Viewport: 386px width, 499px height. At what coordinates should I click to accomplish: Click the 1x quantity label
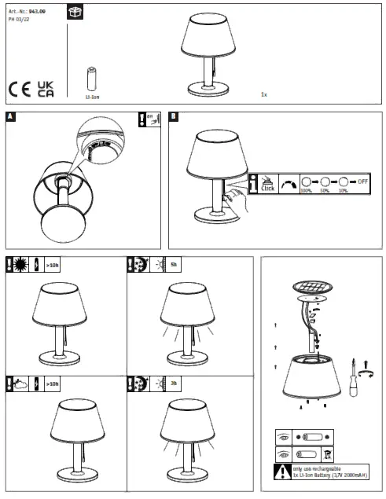(x=264, y=94)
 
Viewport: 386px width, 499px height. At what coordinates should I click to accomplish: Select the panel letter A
(x=10, y=117)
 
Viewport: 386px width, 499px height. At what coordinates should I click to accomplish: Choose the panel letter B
(x=174, y=117)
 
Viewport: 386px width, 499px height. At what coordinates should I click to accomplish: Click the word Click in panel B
(x=267, y=189)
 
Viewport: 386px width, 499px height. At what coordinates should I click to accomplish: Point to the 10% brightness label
(x=344, y=191)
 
